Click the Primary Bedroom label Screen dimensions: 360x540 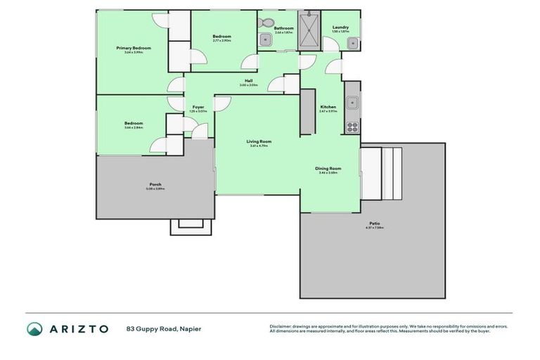134,48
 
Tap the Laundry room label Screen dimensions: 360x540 340,27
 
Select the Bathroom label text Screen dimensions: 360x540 283,28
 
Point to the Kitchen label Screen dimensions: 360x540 328,107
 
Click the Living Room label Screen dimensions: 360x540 259,141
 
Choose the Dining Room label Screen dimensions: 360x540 328,168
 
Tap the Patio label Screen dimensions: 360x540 373,224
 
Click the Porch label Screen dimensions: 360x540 155,184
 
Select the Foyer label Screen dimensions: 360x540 198,107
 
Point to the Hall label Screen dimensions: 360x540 248,81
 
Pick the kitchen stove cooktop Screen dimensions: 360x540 352,127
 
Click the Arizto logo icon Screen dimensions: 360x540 34,328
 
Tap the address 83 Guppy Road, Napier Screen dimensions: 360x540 163,328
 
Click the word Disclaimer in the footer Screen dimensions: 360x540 282,326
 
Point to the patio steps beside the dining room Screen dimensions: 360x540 381,173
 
